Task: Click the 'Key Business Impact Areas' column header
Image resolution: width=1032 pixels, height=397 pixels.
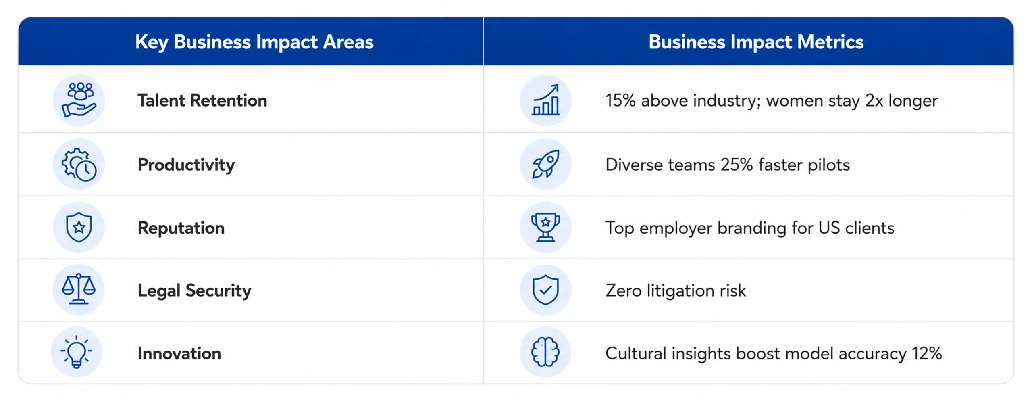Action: click(x=254, y=42)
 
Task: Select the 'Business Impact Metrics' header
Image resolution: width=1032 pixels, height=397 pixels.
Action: click(x=756, y=42)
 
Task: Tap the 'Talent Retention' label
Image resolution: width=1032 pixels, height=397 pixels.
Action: click(x=202, y=100)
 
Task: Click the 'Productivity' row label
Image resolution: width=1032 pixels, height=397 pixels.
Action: click(x=186, y=165)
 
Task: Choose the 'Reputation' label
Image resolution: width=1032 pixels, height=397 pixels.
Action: click(x=181, y=228)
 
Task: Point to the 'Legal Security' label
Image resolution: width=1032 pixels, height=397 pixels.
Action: click(x=194, y=291)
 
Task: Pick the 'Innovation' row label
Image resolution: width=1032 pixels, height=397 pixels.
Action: click(x=179, y=353)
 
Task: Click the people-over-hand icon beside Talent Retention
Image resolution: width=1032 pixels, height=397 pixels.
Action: click(x=79, y=100)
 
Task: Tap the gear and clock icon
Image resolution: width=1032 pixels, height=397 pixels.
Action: click(x=79, y=164)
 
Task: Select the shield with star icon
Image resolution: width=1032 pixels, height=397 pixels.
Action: click(x=79, y=227)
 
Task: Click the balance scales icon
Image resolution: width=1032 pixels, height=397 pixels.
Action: click(x=79, y=289)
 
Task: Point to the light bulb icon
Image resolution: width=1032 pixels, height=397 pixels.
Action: click(x=77, y=352)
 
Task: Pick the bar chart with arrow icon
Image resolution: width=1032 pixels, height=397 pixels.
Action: click(x=545, y=100)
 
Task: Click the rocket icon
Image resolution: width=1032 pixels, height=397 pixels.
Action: click(x=545, y=164)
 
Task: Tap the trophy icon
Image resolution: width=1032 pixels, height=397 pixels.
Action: click(x=545, y=227)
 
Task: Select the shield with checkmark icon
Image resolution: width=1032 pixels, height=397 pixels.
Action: click(x=545, y=290)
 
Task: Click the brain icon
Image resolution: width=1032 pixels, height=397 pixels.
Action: click(x=545, y=352)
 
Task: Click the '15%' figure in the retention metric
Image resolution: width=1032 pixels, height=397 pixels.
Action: click(x=620, y=100)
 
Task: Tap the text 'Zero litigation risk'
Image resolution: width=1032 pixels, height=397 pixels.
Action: click(x=676, y=291)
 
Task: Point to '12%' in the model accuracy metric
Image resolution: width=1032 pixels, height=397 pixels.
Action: click(x=927, y=353)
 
